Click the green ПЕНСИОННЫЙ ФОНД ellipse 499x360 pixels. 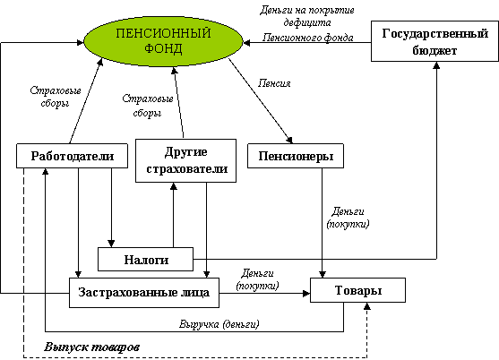click(163, 42)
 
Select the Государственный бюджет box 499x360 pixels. click(434, 41)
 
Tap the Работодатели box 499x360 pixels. click(73, 156)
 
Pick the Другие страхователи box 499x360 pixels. click(185, 160)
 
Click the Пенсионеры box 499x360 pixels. click(296, 156)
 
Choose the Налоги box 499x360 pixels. click(145, 259)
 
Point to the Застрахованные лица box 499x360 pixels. click(144, 293)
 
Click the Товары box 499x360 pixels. click(357, 290)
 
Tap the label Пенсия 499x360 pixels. click(274, 83)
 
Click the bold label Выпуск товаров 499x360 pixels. click(92, 347)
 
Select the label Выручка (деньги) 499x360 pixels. click(219, 324)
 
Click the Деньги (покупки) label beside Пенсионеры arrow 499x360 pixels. click(348, 218)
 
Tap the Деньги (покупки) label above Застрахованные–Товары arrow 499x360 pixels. click(257, 279)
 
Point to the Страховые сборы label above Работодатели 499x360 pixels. click(56, 97)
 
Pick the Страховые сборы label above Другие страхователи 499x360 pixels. click(148, 106)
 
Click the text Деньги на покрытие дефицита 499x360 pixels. click(307, 16)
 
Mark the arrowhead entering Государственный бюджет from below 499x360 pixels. click(436, 65)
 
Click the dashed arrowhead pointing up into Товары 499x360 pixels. click(367, 306)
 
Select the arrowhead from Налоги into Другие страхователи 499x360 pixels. click(174, 186)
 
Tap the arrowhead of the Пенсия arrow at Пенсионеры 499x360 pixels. click(289, 140)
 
